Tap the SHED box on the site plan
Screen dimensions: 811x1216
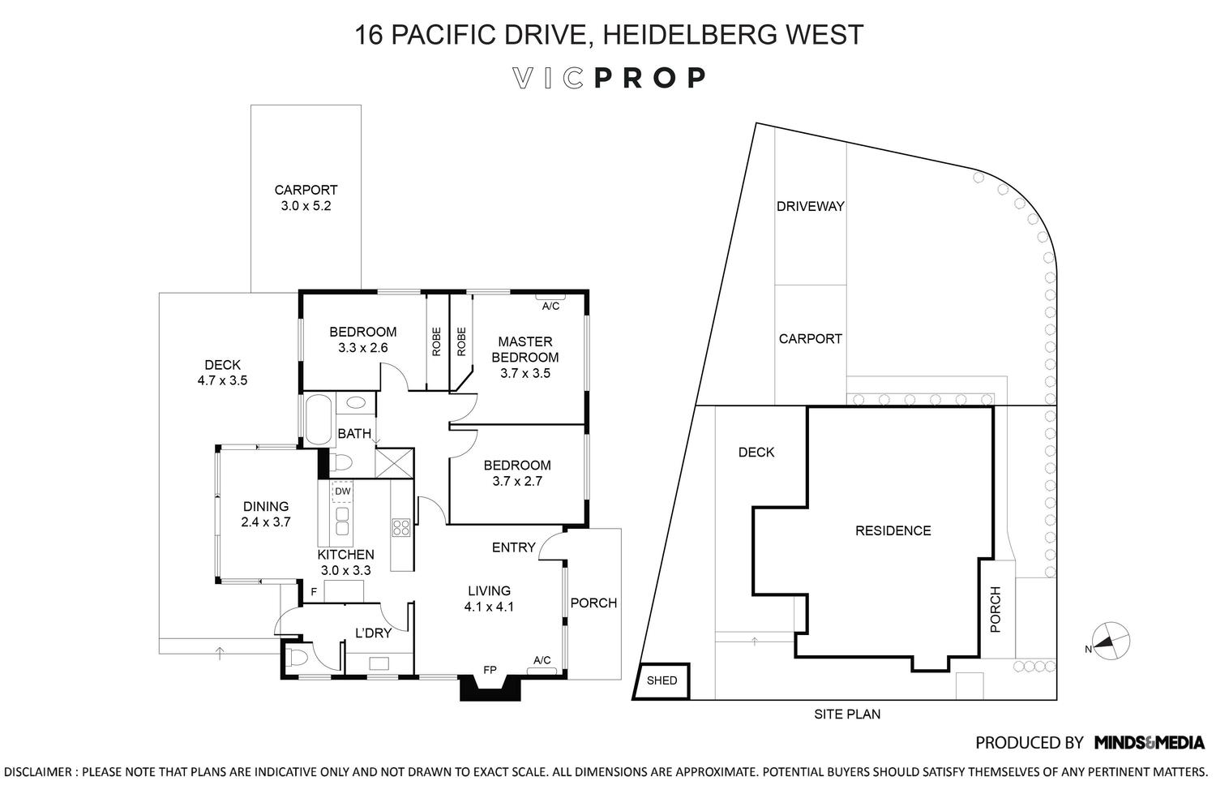pyautogui.click(x=662, y=681)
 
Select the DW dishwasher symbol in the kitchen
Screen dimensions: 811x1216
pyautogui.click(x=343, y=491)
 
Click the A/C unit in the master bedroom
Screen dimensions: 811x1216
pyautogui.click(x=550, y=305)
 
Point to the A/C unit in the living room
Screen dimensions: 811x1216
pyautogui.click(x=542, y=661)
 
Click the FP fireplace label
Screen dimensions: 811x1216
pyautogui.click(x=490, y=670)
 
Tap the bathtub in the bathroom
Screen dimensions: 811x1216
pyautogui.click(x=316, y=418)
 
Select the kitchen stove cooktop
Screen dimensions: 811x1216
pyautogui.click(x=400, y=528)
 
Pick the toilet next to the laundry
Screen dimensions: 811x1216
pyautogui.click(x=298, y=655)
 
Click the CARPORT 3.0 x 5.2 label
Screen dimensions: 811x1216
pyautogui.click(x=306, y=198)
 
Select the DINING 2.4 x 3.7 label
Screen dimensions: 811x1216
pyautogui.click(x=266, y=514)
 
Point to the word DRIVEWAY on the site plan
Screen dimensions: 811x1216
pyautogui.click(x=810, y=206)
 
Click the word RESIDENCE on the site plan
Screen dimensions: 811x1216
pyautogui.click(x=893, y=530)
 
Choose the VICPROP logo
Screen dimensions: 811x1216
pyautogui.click(x=609, y=78)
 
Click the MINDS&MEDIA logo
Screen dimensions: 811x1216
pyautogui.click(x=1149, y=742)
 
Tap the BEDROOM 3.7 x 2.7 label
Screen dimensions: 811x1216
pyautogui.click(x=516, y=473)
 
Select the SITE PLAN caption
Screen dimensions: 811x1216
pyautogui.click(x=847, y=714)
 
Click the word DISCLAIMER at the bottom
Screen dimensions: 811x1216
pyautogui.click(x=39, y=771)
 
